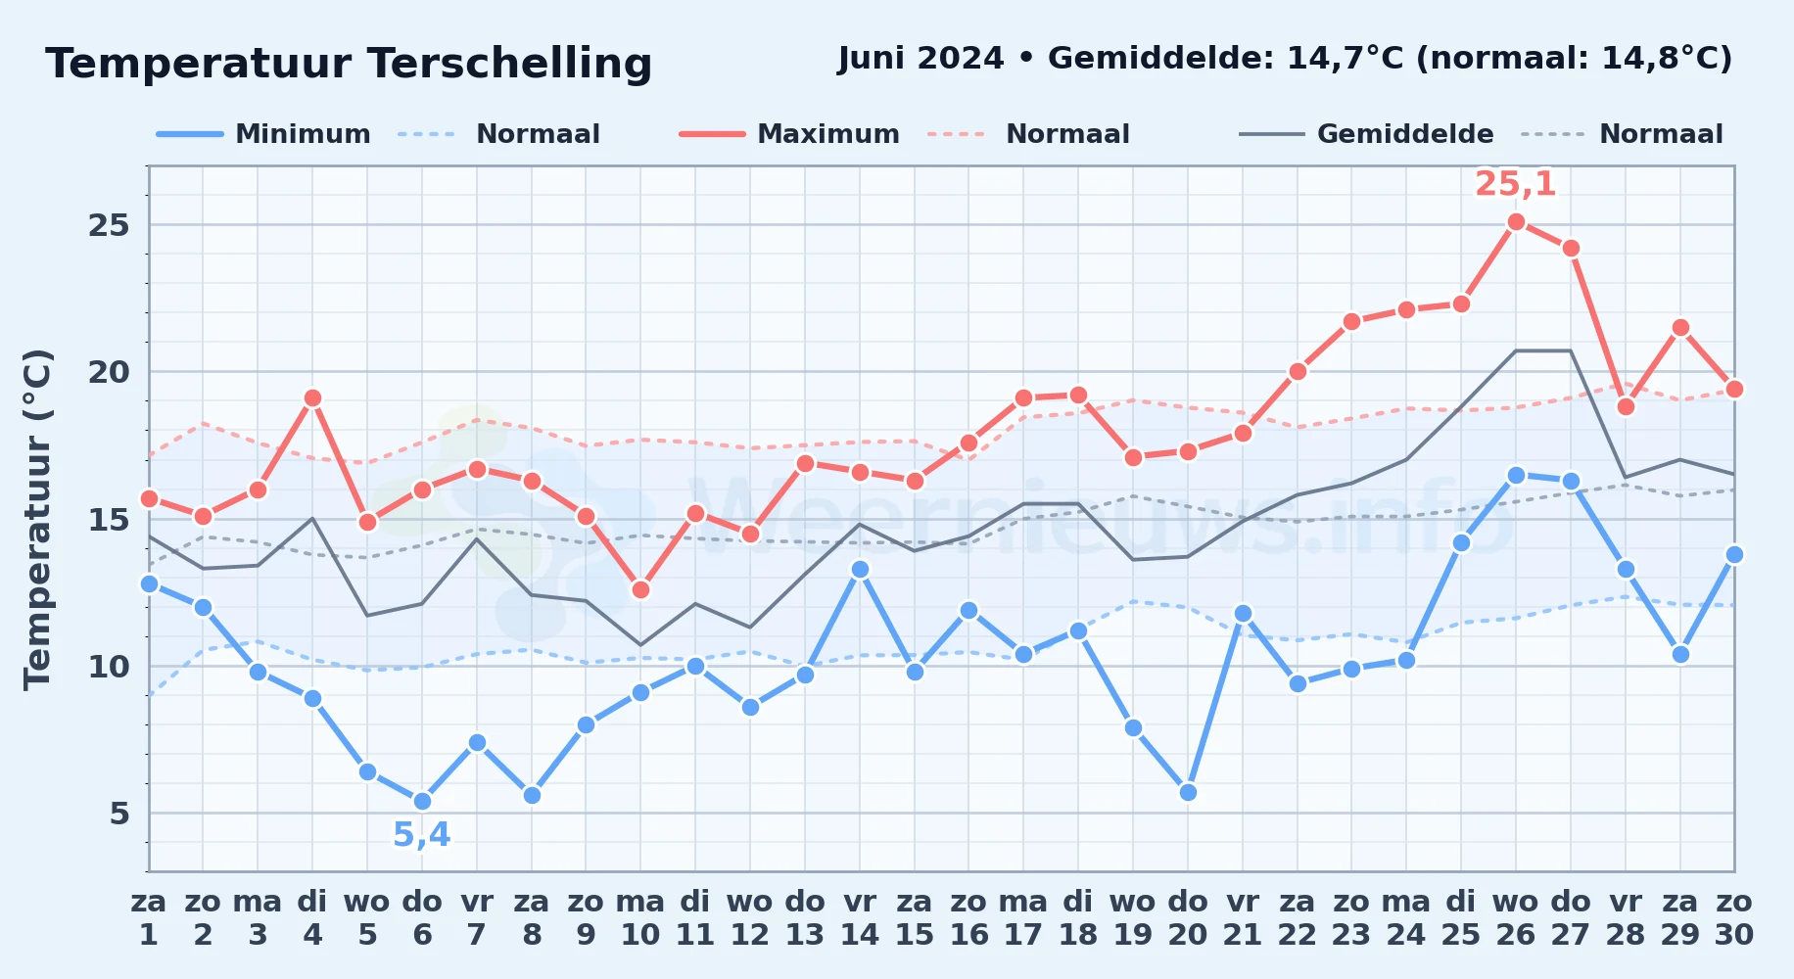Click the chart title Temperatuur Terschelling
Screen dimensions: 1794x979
(x=349, y=64)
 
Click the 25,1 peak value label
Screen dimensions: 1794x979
(x=1515, y=184)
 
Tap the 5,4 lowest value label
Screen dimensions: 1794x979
(x=422, y=835)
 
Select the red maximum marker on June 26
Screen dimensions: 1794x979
(x=1516, y=222)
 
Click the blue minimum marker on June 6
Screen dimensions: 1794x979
(x=422, y=801)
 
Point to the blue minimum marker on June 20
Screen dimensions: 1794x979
(x=1188, y=792)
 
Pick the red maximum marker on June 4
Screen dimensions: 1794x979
(x=312, y=398)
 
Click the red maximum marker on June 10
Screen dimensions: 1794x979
(x=640, y=589)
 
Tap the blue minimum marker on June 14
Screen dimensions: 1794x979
(x=860, y=569)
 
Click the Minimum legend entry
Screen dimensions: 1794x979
(x=263, y=134)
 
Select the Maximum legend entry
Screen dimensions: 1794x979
(x=789, y=134)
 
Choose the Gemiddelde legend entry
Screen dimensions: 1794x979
(x=1366, y=134)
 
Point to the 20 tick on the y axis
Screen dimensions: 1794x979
(x=109, y=372)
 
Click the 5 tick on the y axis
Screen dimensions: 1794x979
(x=119, y=813)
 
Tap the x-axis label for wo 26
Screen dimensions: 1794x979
(x=1516, y=918)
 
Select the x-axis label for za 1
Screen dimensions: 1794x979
(x=149, y=918)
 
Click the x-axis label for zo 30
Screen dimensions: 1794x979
(x=1734, y=918)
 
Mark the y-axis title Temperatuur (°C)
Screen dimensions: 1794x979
(x=37, y=519)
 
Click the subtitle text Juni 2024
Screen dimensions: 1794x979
(x=921, y=59)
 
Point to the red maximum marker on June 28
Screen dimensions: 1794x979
(x=1626, y=407)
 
